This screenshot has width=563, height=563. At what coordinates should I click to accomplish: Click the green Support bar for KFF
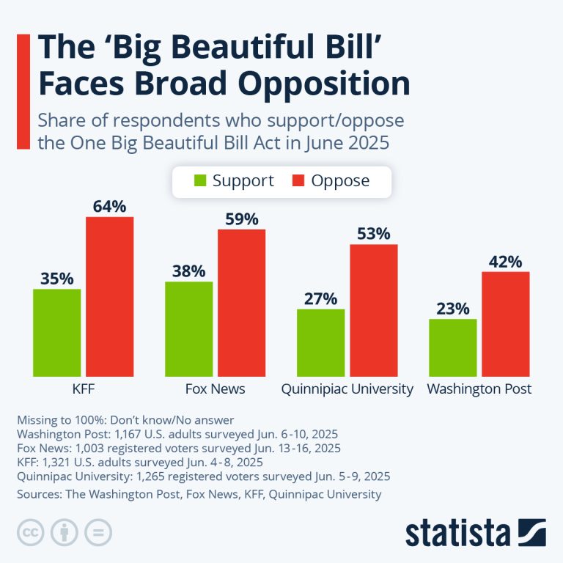click(56, 333)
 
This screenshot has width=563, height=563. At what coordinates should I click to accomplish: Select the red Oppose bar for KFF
click(109, 297)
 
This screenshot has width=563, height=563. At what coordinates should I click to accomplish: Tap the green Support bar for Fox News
click(188, 329)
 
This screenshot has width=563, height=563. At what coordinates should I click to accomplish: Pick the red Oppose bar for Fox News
click(241, 303)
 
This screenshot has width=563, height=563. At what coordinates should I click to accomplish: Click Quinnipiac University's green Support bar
click(320, 343)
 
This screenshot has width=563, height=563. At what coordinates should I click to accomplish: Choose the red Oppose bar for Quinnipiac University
click(373, 311)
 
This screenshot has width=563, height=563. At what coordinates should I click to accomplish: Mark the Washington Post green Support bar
click(452, 347)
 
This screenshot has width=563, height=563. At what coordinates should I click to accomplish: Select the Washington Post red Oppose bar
click(505, 324)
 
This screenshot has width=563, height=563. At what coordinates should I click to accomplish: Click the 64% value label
click(109, 206)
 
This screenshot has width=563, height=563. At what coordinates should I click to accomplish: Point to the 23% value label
click(452, 309)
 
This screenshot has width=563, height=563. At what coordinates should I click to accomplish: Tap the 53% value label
click(373, 234)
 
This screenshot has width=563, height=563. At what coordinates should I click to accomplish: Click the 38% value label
click(188, 271)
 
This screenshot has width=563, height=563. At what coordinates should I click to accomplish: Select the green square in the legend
click(199, 181)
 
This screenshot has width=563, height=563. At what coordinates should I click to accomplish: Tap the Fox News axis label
click(215, 389)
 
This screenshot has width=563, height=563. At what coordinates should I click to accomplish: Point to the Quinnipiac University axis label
click(347, 389)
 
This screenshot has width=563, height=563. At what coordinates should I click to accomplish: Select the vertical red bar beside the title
click(22, 90)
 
